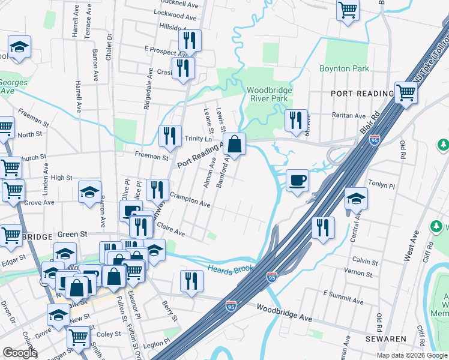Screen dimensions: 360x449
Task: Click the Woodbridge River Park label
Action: coord(270,95)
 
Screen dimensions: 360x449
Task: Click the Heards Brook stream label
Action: coord(231,269)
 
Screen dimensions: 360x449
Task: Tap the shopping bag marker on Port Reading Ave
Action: coord(235,145)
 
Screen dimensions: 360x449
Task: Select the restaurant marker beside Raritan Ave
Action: coord(296,121)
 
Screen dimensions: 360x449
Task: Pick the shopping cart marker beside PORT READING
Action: coord(406,94)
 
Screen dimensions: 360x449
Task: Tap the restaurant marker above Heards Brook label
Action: coord(191,281)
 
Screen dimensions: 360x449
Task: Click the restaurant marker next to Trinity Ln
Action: coord(170,136)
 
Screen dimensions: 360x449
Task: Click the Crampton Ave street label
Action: coord(190,200)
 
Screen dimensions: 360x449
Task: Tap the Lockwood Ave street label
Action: coord(176,12)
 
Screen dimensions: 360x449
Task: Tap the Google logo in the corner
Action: coord(20,353)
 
